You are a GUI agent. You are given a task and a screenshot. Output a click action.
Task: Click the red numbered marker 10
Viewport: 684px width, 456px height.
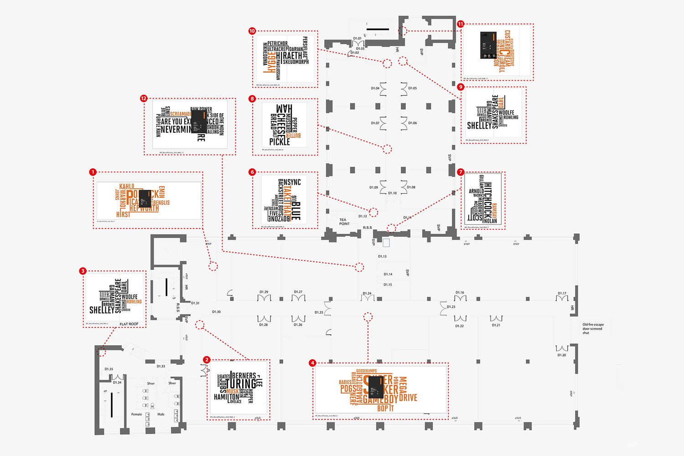pyautogui.click(x=252, y=31)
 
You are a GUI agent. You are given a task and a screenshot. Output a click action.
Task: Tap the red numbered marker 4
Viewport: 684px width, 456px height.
pyautogui.click(x=312, y=363)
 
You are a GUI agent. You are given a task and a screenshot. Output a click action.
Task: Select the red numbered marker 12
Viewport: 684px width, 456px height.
pyautogui.click(x=144, y=98)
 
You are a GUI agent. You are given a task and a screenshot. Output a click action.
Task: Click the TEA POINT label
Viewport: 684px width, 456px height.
pyautogui.click(x=344, y=222)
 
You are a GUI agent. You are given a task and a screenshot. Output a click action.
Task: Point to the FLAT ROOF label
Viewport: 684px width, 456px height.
pyautogui.click(x=129, y=324)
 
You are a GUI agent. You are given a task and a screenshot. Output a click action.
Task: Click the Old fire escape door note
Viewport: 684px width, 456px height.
pyautogui.click(x=592, y=329)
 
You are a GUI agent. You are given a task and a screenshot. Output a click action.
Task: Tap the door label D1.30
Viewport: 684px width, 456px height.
pyautogui.click(x=216, y=312)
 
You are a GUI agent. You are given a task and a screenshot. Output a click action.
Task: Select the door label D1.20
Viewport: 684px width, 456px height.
pyautogui.click(x=561, y=355)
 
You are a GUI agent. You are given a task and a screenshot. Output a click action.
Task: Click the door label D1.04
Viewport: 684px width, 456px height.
pyautogui.click(x=375, y=88)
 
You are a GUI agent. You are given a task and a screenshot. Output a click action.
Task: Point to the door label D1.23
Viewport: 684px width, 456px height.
pyautogui.click(x=451, y=307)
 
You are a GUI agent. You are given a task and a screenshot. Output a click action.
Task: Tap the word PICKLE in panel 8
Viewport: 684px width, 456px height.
pyautogui.click(x=280, y=142)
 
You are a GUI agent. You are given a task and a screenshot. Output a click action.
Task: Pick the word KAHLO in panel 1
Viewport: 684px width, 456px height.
pyautogui.click(x=127, y=187)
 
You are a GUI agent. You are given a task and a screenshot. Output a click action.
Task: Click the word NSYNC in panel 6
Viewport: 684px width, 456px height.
pyautogui.click(x=292, y=182)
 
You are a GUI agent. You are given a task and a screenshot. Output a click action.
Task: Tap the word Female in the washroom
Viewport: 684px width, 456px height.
pyautogui.click(x=137, y=415)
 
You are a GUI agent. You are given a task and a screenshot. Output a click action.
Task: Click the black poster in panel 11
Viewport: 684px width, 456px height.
pyautogui.click(x=488, y=45)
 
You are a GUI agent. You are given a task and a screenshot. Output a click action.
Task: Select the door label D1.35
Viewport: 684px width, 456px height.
pyautogui.click(x=109, y=369)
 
